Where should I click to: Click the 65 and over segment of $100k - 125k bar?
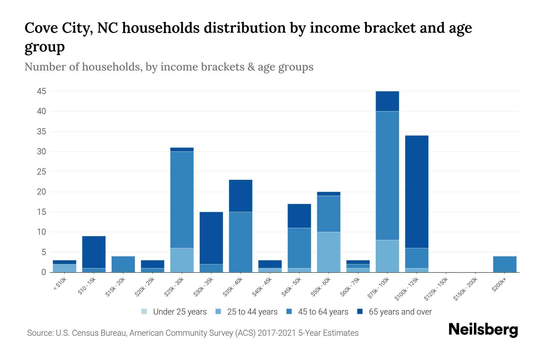pyautogui.click(x=417, y=191)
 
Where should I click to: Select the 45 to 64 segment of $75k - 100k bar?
pyautogui.click(x=387, y=175)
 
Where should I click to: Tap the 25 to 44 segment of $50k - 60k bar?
pyautogui.click(x=329, y=252)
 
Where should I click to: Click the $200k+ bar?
pyautogui.click(x=505, y=264)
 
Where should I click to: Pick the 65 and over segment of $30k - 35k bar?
pyautogui.click(x=211, y=238)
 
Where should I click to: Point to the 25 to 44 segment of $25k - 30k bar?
pyautogui.click(x=182, y=260)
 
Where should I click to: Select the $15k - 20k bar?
pyautogui.click(x=123, y=264)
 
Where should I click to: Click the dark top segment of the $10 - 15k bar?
pyautogui.click(x=94, y=252)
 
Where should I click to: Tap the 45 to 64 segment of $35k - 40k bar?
pyautogui.click(x=241, y=242)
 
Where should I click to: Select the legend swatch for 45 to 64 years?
pyautogui.click(x=289, y=312)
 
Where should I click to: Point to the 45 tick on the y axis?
pyautogui.click(x=41, y=91)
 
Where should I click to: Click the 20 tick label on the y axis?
pyautogui.click(x=41, y=192)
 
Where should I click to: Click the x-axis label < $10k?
pyautogui.click(x=60, y=284)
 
